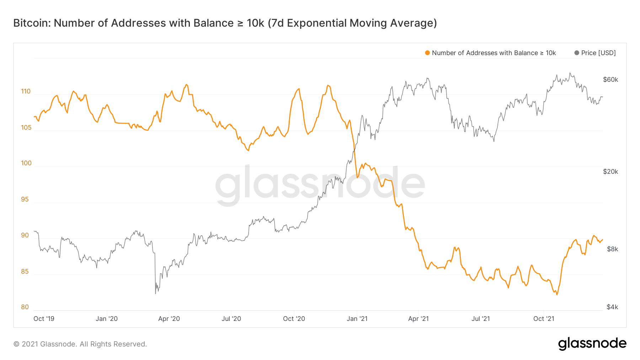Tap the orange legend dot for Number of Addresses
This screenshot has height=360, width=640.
tap(427, 53)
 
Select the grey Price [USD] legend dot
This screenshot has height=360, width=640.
tap(577, 53)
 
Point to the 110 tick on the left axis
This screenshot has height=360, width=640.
tap(26, 91)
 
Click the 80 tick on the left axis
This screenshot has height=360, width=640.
tap(25, 307)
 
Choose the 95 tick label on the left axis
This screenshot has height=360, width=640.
tap(25, 199)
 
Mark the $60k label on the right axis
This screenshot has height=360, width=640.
tap(610, 80)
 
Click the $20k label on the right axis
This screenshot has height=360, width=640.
tap(610, 172)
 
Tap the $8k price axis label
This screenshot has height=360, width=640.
tap(612, 249)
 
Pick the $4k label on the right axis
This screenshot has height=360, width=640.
tap(612, 307)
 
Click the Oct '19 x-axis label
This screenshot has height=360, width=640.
tap(44, 319)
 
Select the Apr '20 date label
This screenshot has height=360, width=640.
tap(169, 319)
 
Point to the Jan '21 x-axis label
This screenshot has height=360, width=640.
tap(357, 319)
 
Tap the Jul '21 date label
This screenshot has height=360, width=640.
tap(481, 319)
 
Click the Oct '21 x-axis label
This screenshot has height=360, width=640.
tap(544, 319)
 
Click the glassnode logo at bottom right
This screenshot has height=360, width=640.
tap(592, 344)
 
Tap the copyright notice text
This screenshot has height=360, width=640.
tap(80, 344)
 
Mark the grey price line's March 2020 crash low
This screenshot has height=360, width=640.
tap(156, 293)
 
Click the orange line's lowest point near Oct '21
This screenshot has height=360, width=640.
tap(557, 295)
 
